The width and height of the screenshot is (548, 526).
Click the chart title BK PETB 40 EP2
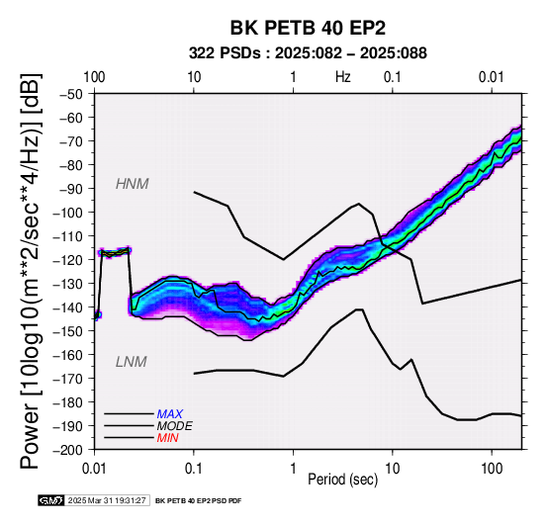click(308, 28)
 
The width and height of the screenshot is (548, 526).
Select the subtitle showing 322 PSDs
click(308, 53)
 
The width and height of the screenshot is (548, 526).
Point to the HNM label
click(133, 184)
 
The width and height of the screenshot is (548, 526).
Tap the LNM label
click(131, 362)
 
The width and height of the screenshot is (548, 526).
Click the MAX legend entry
click(169, 414)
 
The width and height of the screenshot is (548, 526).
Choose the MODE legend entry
click(174, 426)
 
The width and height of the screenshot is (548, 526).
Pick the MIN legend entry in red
click(167, 438)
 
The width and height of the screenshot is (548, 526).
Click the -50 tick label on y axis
click(71, 94)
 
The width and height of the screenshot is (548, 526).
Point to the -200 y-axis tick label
click(68, 450)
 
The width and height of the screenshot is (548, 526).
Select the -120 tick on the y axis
click(68, 260)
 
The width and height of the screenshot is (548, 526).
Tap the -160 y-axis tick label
click(68, 355)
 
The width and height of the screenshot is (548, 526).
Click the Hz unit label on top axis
click(343, 77)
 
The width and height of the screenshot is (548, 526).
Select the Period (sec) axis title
click(342, 480)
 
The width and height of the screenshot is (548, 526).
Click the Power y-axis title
click(30, 271)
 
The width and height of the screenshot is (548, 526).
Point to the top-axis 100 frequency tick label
click(94, 77)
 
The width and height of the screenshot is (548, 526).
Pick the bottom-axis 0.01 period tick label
click(94, 469)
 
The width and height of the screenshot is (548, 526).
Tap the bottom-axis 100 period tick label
click(492, 469)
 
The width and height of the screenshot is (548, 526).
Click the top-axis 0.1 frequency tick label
click(392, 77)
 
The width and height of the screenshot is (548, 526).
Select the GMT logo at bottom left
click(51, 500)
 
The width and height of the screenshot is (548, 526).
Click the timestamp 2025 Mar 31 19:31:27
click(107, 500)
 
